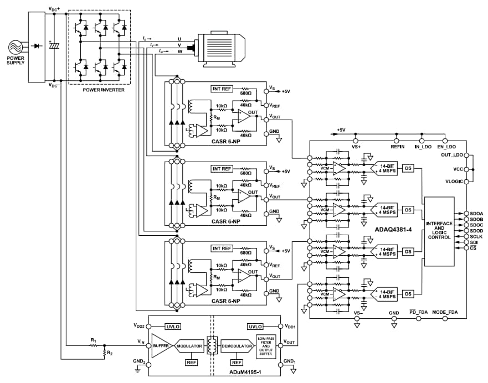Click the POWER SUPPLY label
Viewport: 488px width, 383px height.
(x=16, y=59)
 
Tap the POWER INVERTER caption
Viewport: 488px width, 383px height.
(x=103, y=90)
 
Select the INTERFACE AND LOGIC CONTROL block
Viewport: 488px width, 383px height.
(x=439, y=230)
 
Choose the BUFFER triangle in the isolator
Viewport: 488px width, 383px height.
(x=161, y=345)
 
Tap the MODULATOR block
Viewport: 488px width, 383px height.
(x=189, y=345)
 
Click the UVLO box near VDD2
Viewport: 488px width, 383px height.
(x=173, y=327)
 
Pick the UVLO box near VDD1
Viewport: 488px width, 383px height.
(x=255, y=327)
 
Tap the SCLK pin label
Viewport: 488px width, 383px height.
(x=476, y=236)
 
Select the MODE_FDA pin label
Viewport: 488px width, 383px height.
(x=444, y=313)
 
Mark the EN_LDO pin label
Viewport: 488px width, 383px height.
(x=446, y=146)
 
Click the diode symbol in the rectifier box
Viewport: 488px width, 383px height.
(x=37, y=45)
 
